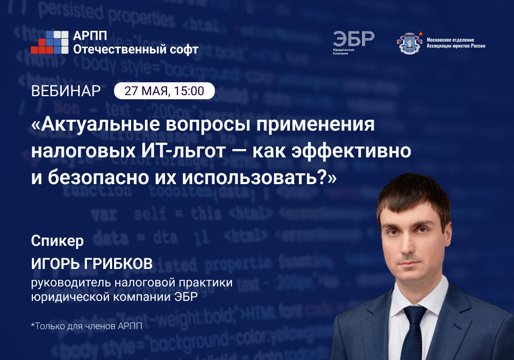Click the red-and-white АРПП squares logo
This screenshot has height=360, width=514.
[x=49, y=42]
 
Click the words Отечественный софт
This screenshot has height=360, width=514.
[x=136, y=49]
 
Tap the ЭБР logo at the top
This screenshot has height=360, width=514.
[x=353, y=40]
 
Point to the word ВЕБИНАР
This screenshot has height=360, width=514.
[x=66, y=91]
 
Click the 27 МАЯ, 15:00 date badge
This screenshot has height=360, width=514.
[x=164, y=91]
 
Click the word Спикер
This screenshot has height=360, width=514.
[x=57, y=241]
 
